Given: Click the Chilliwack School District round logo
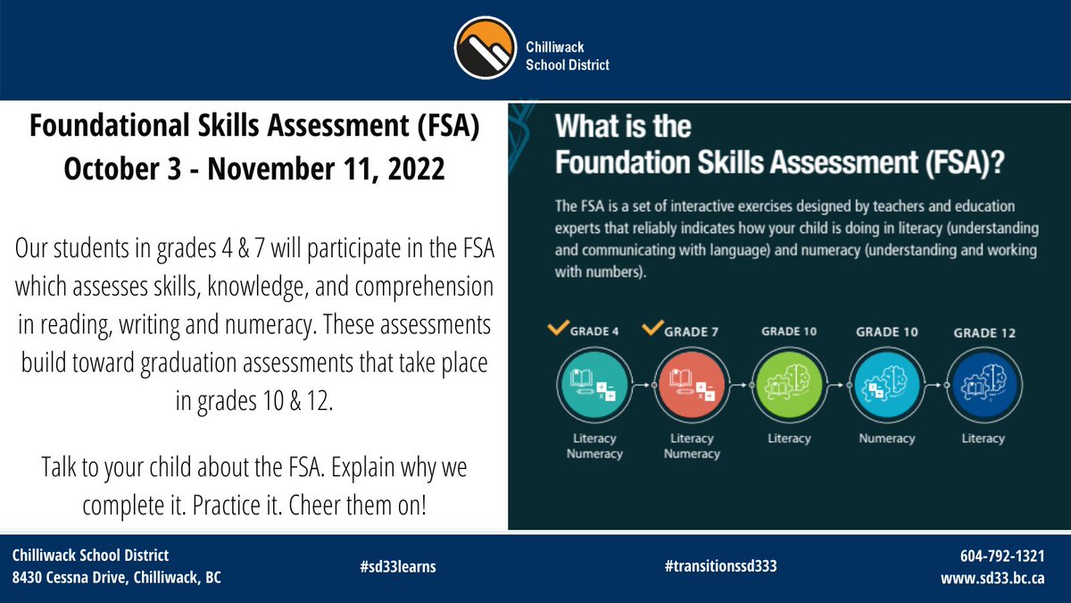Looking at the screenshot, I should [486, 49].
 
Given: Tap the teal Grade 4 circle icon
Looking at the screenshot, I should [594, 385].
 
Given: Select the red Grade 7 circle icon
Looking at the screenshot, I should [692, 385].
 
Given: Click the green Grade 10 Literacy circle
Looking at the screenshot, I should [789, 385].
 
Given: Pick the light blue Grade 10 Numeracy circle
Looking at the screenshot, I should [886, 385].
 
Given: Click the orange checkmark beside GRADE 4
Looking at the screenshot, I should [558, 330].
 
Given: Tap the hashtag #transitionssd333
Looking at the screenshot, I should [714, 566].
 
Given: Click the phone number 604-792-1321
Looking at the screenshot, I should [1004, 556].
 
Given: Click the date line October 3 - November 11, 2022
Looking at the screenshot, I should [253, 169].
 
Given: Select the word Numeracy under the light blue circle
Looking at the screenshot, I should [886, 439].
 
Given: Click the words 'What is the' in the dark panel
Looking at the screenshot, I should [623, 126].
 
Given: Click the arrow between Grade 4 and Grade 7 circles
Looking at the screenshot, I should [642, 385].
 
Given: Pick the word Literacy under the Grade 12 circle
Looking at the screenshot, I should [984, 439].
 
